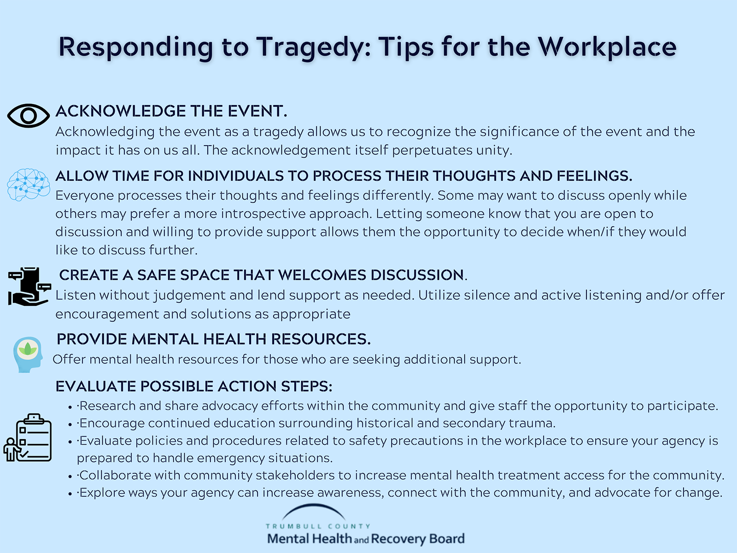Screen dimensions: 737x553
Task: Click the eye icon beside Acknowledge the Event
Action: [29, 116]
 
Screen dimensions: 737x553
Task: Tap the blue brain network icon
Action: [29, 185]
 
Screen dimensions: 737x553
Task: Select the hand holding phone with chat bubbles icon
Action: [29, 286]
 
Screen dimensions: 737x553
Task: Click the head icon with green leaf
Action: [28, 354]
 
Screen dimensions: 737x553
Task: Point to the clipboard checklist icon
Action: [28, 438]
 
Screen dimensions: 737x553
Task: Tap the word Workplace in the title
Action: [607, 47]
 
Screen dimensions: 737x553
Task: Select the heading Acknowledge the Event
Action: [171, 111]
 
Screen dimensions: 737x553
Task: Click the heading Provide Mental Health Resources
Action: [214, 339]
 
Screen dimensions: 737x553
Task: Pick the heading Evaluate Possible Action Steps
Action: [194, 387]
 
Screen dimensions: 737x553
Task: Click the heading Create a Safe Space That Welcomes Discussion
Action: [263, 275]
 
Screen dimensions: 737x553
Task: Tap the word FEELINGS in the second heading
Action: [594, 176]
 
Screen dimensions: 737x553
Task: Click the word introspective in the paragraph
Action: [263, 214]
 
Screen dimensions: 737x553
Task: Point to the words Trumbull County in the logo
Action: [318, 526]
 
